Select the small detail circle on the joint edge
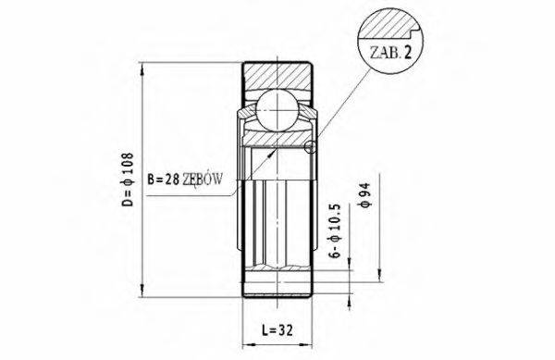(310, 146)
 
